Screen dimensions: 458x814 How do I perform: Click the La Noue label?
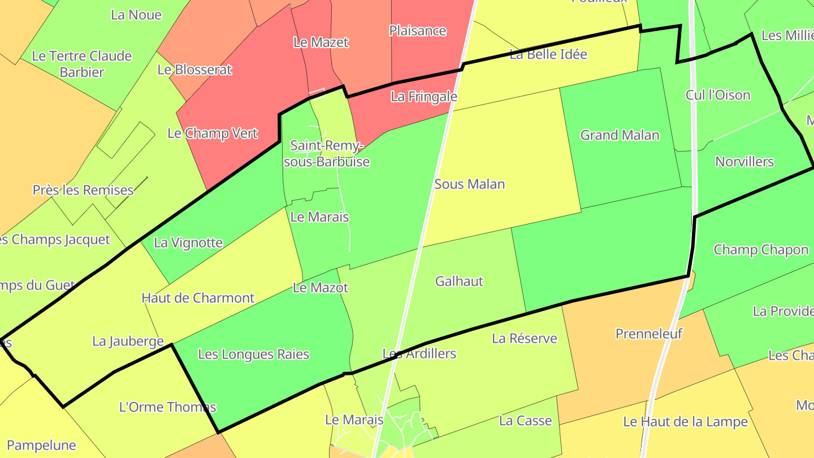pyautogui.click(x=136, y=15)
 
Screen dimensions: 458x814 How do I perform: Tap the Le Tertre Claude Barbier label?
pyautogui.click(x=82, y=64)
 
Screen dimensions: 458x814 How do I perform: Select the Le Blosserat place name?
pyautogui.click(x=194, y=70)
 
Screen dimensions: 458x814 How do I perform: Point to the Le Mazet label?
pyautogui.click(x=321, y=42)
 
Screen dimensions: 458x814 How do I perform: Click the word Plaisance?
pyautogui.click(x=418, y=31)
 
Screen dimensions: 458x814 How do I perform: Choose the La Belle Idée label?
pyautogui.click(x=548, y=55)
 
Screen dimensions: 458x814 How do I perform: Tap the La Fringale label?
pyautogui.click(x=423, y=97)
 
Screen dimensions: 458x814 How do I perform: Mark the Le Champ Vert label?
pyautogui.click(x=213, y=133)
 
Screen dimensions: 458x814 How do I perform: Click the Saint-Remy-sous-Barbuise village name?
pyautogui.click(x=327, y=154)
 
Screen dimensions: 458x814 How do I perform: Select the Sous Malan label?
pyautogui.click(x=469, y=184)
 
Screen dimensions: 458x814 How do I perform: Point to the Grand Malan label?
pyautogui.click(x=620, y=135)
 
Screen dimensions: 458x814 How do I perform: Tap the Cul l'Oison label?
pyautogui.click(x=718, y=95)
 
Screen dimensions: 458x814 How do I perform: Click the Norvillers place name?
pyautogui.click(x=744, y=162)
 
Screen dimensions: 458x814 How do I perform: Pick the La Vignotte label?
pyautogui.click(x=188, y=243)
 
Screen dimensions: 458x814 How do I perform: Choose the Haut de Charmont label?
pyautogui.click(x=198, y=298)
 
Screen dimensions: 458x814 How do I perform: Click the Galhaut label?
pyautogui.click(x=459, y=281)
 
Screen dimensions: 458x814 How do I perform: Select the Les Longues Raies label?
pyautogui.click(x=253, y=355)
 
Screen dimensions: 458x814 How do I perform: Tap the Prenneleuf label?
pyautogui.click(x=649, y=334)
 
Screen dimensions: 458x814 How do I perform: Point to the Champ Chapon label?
pyautogui.click(x=761, y=250)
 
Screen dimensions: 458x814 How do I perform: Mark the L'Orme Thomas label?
pyautogui.click(x=167, y=407)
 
